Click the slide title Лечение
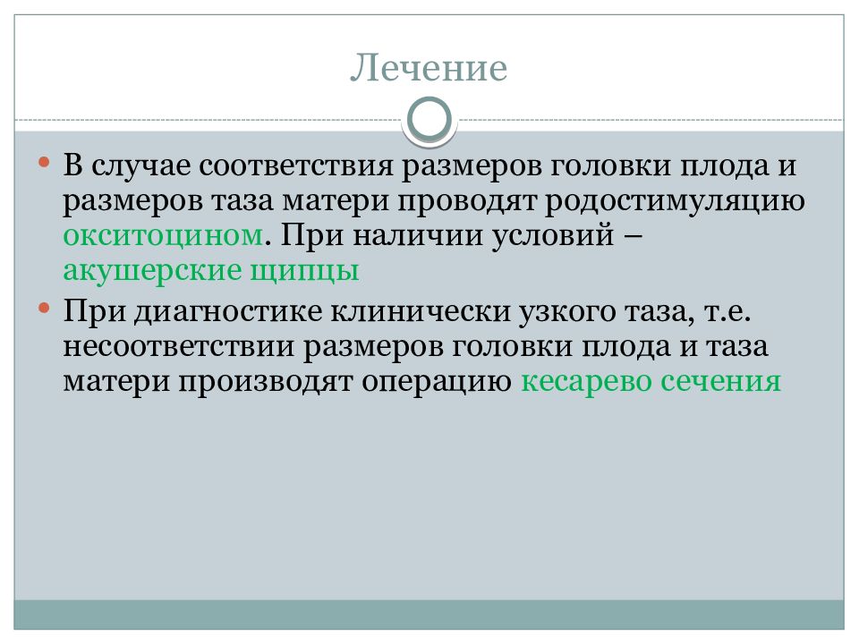point(429,69)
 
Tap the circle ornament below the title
point(429,120)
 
